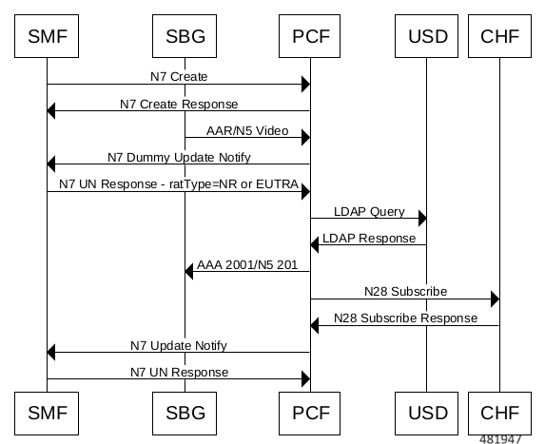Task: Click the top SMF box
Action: [47, 36]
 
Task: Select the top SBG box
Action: [185, 36]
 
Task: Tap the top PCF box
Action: [309, 36]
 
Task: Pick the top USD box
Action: [426, 36]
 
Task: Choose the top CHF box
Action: [499, 36]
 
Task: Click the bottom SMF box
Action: [47, 414]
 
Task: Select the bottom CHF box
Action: [499, 414]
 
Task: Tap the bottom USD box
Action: [426, 414]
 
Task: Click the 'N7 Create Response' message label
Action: [179, 104]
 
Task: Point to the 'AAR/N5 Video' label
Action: [247, 130]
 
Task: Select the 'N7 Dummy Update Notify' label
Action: [179, 158]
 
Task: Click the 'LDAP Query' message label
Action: [369, 212]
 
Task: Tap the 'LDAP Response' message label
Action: [369, 239]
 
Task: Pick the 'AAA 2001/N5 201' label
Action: [247, 264]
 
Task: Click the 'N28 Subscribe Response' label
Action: [405, 318]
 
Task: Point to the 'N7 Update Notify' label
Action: [179, 346]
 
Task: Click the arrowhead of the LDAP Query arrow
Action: [422, 218]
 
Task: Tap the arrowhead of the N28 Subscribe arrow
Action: [495, 299]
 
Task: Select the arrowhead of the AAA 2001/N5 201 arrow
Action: [188, 271]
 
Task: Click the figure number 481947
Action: [500, 439]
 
